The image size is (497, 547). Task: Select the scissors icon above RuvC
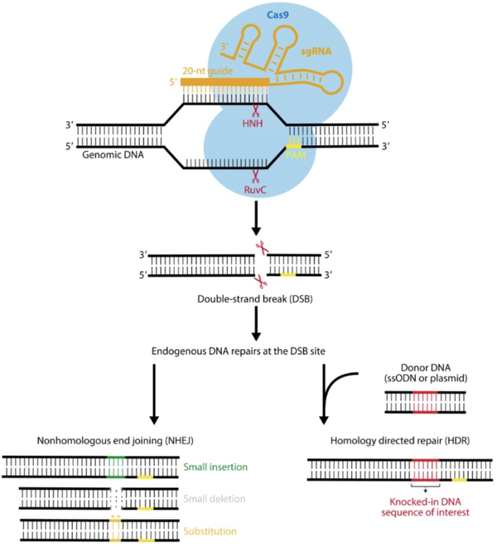(x=255, y=174)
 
